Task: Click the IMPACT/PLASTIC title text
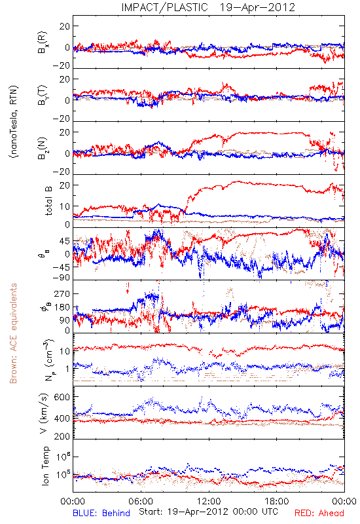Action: pyautogui.click(x=165, y=7)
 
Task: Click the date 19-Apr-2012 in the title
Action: pyautogui.click(x=257, y=7)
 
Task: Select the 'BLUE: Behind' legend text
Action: pyautogui.click(x=101, y=513)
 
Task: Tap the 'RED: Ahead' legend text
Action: pyautogui.click(x=319, y=513)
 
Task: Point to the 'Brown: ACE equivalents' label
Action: pyautogui.click(x=13, y=333)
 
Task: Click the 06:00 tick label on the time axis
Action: pyautogui.click(x=141, y=501)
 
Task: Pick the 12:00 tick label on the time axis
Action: pyautogui.click(x=209, y=501)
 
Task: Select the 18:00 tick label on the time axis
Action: pyautogui.click(x=277, y=501)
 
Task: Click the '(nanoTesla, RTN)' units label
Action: pyautogui.click(x=14, y=122)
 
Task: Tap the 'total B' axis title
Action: pyautogui.click(x=48, y=200)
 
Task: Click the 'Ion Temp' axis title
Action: pyautogui.click(x=46, y=466)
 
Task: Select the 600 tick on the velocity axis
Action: pyautogui.click(x=62, y=397)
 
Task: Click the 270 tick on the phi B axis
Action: pyautogui.click(x=62, y=293)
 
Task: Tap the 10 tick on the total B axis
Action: pyautogui.click(x=65, y=206)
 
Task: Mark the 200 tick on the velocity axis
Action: pyautogui.click(x=62, y=436)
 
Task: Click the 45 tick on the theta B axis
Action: pyautogui.click(x=65, y=241)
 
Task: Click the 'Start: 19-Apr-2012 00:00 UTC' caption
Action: pyautogui.click(x=208, y=512)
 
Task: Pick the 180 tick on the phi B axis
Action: pyautogui.click(x=62, y=307)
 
